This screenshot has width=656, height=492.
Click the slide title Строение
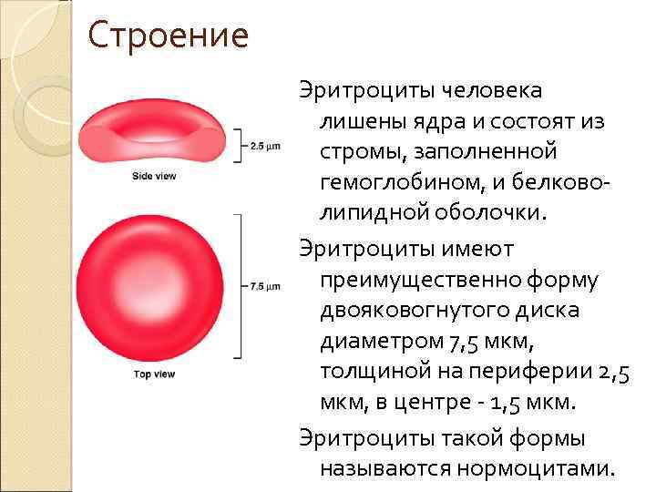coord(169,36)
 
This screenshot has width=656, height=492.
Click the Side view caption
coord(153,176)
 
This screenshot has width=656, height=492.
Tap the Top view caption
coord(153,374)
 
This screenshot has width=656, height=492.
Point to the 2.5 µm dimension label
coord(264,146)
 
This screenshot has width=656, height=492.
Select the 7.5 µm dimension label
coord(264,286)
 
